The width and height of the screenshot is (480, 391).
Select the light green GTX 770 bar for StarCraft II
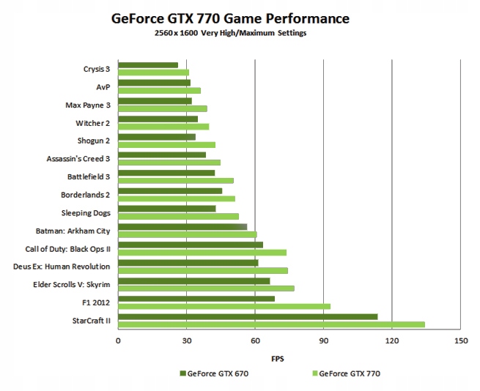click(x=271, y=324)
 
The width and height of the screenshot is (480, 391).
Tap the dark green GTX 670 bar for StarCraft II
click(x=248, y=316)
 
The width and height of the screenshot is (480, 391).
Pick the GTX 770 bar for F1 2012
click(x=224, y=306)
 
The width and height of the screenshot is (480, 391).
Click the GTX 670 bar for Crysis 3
click(x=148, y=65)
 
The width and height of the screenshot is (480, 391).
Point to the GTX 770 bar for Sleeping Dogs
click(x=178, y=216)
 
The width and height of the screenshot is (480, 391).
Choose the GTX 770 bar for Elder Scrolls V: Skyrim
click(x=206, y=288)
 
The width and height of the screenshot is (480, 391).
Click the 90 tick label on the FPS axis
click(x=323, y=340)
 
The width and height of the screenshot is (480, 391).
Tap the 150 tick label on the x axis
click(x=460, y=340)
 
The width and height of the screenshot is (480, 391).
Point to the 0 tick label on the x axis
click(x=118, y=340)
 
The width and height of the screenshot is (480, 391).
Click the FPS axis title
click(x=278, y=358)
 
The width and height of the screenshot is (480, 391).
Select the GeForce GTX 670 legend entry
click(x=213, y=373)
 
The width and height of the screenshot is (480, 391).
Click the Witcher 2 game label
click(x=92, y=123)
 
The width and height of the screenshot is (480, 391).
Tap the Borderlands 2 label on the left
click(x=85, y=195)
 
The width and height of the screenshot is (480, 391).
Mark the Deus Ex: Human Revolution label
click(x=62, y=267)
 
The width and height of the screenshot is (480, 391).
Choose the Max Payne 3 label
click(x=87, y=105)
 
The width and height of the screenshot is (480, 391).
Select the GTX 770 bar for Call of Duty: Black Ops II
click(x=202, y=252)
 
